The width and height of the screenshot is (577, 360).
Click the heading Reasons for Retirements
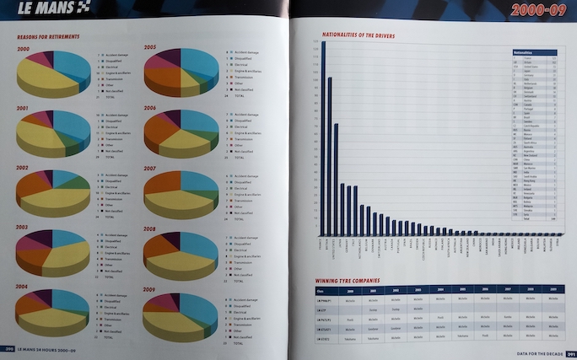[49, 38]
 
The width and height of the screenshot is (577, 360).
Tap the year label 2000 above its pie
[23, 49]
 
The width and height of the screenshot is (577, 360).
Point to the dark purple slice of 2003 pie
[35, 239]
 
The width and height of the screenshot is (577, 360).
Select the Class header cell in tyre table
[321, 289]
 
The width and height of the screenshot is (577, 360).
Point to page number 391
[569, 353]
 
